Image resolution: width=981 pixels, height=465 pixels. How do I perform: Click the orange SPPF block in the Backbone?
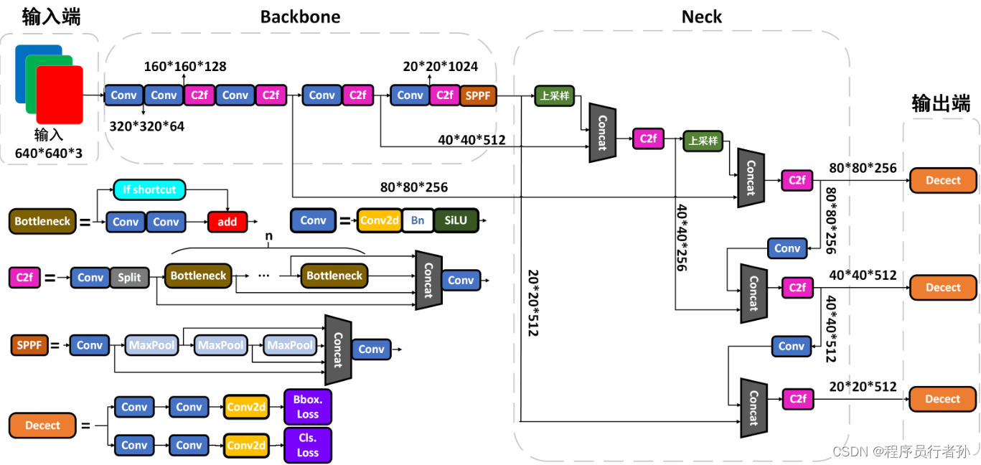click(478, 95)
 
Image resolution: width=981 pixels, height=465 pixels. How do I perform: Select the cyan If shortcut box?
click(149, 189)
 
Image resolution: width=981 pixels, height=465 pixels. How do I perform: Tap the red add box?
click(227, 222)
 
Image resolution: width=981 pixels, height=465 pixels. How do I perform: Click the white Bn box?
click(418, 220)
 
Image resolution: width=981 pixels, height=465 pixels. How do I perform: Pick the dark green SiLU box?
click(456, 220)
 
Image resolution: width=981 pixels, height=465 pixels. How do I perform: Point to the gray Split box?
click(129, 278)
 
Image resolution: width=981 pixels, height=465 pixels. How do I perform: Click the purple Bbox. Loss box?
click(307, 407)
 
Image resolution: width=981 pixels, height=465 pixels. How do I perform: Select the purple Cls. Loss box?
click(307, 446)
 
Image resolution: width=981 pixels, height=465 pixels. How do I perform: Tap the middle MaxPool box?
click(221, 345)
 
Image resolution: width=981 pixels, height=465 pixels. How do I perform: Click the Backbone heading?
click(301, 17)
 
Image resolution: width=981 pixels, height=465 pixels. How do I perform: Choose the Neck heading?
click(702, 17)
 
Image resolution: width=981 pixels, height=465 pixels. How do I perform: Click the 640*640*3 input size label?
click(49, 154)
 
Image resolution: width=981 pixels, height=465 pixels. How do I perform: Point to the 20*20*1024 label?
click(440, 66)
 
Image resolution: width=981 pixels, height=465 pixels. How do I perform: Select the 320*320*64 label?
click(146, 126)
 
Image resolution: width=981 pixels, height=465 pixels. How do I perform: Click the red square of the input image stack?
click(60, 95)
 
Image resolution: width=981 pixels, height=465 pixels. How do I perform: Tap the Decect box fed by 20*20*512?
click(942, 399)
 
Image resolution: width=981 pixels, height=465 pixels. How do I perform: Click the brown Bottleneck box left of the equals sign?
click(42, 221)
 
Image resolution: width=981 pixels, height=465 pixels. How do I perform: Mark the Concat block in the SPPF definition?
click(338, 350)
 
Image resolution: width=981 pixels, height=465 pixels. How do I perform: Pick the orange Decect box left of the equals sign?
click(42, 425)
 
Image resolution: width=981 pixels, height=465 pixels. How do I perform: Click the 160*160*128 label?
click(185, 66)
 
